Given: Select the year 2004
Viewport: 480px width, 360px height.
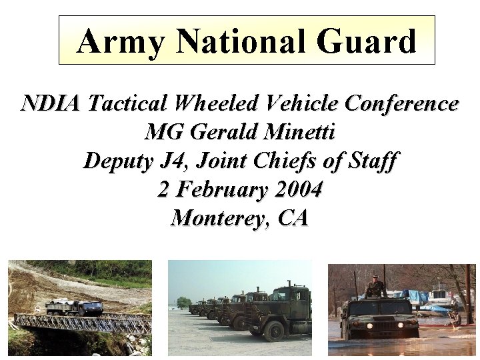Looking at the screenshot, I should point(295,189).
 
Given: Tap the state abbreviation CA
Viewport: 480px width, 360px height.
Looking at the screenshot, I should point(291,218).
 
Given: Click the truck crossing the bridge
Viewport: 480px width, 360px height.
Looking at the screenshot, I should point(74,307).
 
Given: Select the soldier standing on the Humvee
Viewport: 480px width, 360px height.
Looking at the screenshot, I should point(375,287).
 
